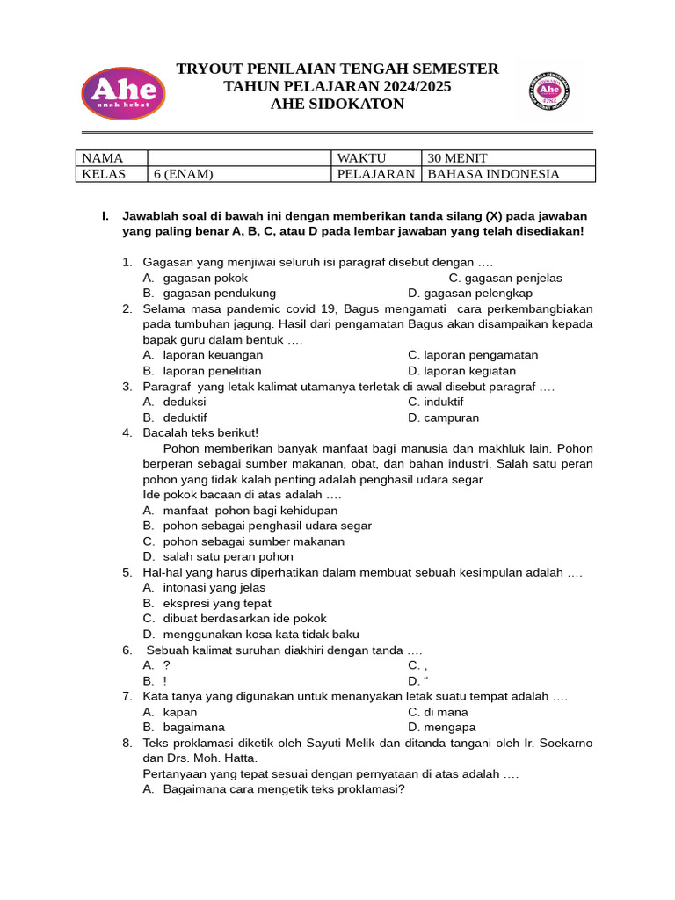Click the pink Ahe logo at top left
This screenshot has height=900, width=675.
122,92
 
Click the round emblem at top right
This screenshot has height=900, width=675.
549,91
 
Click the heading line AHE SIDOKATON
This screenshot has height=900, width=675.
337,105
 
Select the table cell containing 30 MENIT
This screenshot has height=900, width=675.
508,158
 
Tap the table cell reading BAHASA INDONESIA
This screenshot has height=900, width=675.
508,174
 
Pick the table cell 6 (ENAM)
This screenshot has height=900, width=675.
239,174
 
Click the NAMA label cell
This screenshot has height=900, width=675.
112,158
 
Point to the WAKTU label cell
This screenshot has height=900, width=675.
375,158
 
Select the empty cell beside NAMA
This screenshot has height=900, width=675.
239,158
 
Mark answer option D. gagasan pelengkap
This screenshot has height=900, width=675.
470,294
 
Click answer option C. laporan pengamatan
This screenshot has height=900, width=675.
473,355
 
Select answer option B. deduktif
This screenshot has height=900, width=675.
175,417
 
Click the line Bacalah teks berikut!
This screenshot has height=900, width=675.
200,432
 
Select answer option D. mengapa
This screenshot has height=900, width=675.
442,727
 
